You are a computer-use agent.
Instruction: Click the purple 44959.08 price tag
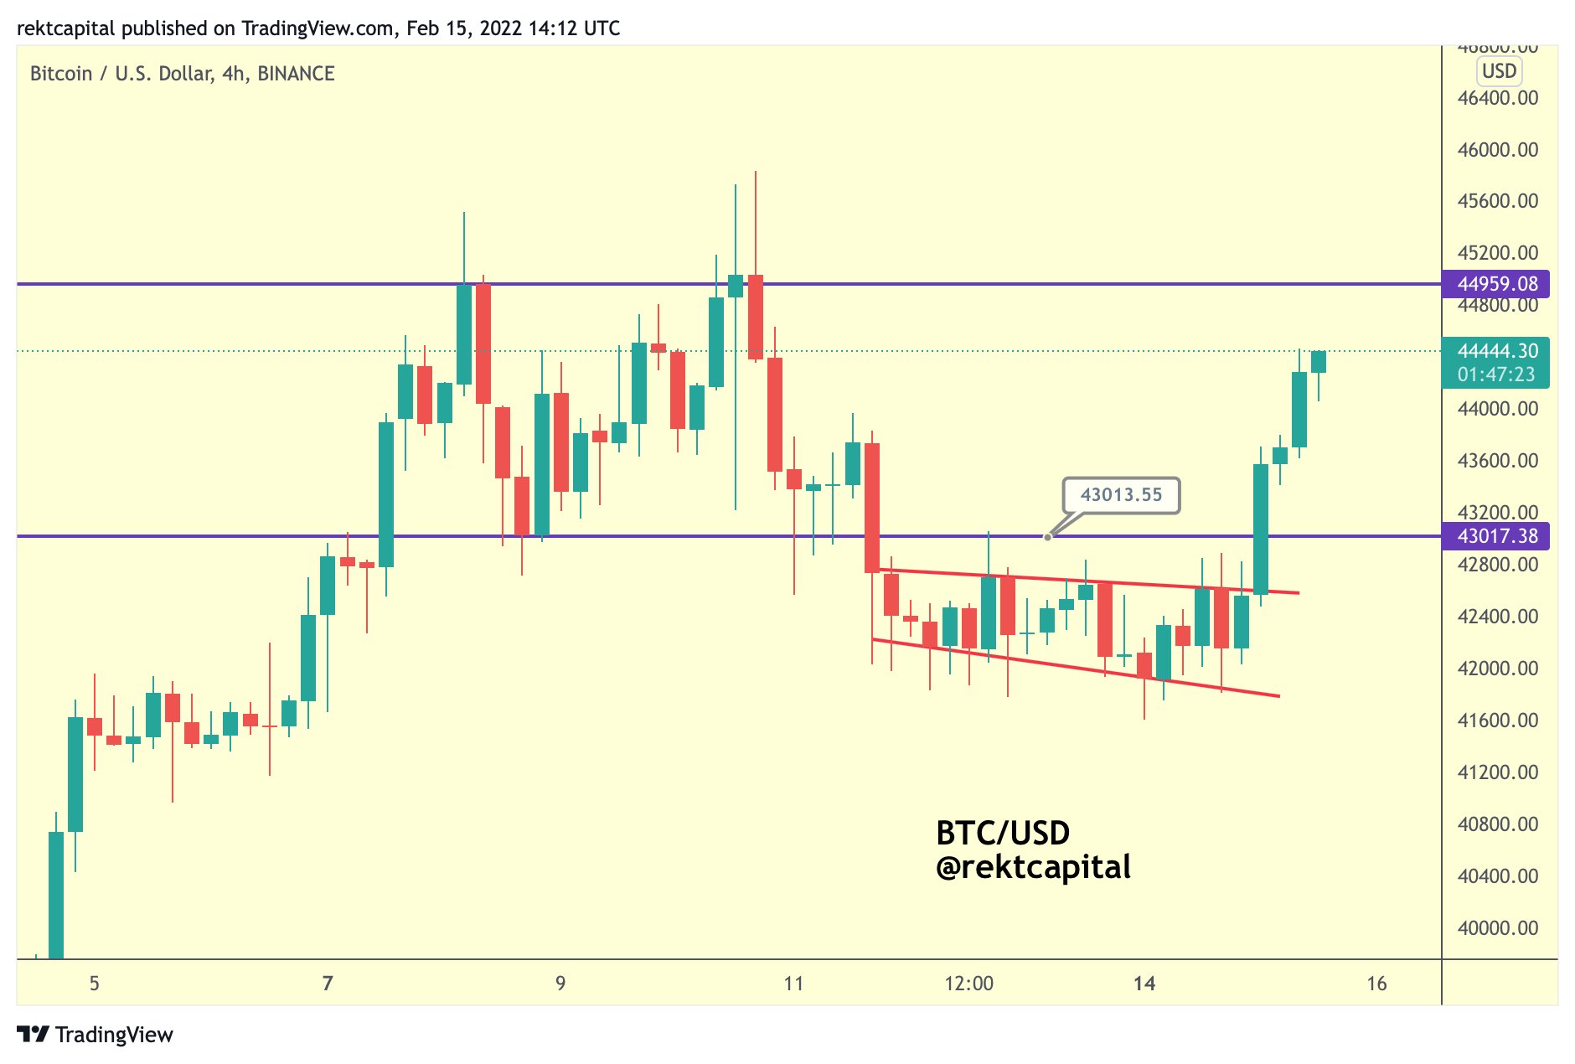pyautogui.click(x=1495, y=284)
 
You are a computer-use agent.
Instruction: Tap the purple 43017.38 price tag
pyautogui.click(x=1495, y=536)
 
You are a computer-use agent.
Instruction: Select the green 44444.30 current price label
pyautogui.click(x=1495, y=351)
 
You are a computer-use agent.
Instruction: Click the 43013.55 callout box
pyautogui.click(x=1121, y=495)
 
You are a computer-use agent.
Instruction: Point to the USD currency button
pyautogui.click(x=1499, y=71)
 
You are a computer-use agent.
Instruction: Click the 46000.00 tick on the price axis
pyautogui.click(x=1497, y=150)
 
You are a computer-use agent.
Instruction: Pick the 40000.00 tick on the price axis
pyautogui.click(x=1497, y=928)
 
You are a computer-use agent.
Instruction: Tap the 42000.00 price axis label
pyautogui.click(x=1497, y=669)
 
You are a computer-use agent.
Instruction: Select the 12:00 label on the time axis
pyautogui.click(x=968, y=984)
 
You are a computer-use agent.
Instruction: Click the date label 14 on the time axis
pyautogui.click(x=1144, y=984)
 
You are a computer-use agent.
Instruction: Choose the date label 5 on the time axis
pyautogui.click(x=95, y=984)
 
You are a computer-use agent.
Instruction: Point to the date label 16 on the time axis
pyautogui.click(x=1376, y=984)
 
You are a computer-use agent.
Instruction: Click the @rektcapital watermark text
pyautogui.click(x=1033, y=867)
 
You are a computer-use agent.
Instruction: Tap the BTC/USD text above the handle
pyautogui.click(x=1003, y=833)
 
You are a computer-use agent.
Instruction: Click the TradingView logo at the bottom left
pyautogui.click(x=96, y=1035)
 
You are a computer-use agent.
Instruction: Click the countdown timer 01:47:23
pyautogui.click(x=1495, y=374)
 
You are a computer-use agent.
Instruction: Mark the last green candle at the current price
pyautogui.click(x=1319, y=362)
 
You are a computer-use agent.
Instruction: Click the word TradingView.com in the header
pyautogui.click(x=318, y=28)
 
